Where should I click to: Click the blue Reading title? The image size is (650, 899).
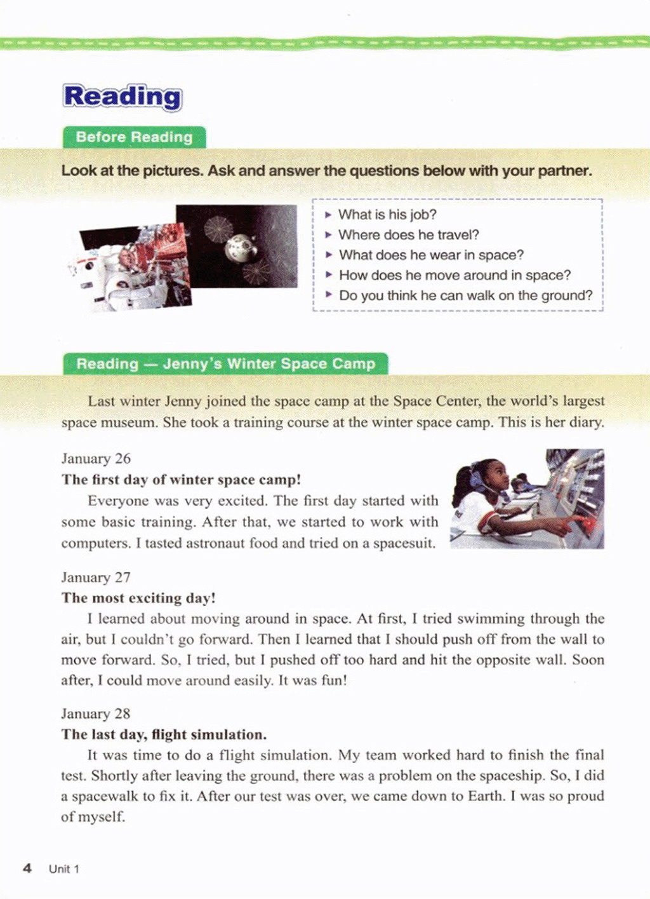[123, 97]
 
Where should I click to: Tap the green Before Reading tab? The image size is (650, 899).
[134, 137]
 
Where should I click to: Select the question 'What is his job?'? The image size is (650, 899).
[387, 215]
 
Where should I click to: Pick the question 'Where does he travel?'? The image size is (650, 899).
[409, 235]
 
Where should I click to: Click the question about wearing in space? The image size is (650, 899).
[431, 255]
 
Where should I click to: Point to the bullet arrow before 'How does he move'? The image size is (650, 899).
[329, 275]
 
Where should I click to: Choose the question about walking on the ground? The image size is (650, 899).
[465, 295]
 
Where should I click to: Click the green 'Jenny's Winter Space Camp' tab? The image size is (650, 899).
[225, 364]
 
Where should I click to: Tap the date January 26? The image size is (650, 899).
[96, 459]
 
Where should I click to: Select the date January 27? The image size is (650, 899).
[96, 578]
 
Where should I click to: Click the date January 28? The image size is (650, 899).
[96, 714]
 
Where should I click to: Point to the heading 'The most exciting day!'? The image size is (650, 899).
[138, 598]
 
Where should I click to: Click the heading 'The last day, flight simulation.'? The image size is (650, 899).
[164, 735]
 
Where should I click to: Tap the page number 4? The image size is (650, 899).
[27, 869]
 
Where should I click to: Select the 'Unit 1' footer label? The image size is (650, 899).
[64, 869]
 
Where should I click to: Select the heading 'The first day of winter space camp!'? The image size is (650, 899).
[181, 480]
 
